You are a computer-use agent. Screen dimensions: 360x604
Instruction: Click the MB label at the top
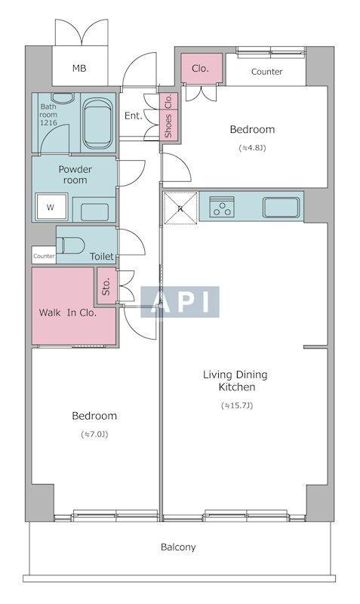(79, 69)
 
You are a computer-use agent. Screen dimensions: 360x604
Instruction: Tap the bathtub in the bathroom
(98, 123)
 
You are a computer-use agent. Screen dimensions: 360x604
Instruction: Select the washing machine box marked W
(51, 207)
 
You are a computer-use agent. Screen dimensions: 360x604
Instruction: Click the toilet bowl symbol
(70, 245)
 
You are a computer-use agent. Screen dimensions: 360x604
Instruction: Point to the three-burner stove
(222, 207)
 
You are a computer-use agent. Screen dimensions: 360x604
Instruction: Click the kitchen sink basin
(281, 207)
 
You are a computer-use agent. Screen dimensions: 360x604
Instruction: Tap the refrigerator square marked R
(180, 208)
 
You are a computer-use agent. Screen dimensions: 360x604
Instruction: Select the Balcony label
(178, 547)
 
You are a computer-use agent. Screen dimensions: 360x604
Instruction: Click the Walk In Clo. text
(68, 313)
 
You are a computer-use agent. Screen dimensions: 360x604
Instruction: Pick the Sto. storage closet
(106, 286)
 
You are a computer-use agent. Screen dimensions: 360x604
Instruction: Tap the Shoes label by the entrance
(168, 126)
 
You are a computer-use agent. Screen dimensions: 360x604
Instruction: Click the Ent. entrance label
(134, 116)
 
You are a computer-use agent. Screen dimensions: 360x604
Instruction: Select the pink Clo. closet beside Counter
(202, 68)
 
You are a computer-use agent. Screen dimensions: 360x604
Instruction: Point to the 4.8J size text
(252, 147)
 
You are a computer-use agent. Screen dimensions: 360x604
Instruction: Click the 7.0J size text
(94, 434)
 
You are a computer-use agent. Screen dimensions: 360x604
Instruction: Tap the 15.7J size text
(237, 405)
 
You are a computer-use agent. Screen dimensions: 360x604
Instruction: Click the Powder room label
(75, 174)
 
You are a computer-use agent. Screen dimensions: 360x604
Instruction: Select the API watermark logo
(180, 302)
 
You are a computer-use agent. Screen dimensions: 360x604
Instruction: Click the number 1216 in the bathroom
(48, 122)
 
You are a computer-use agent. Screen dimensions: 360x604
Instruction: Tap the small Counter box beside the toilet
(44, 256)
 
